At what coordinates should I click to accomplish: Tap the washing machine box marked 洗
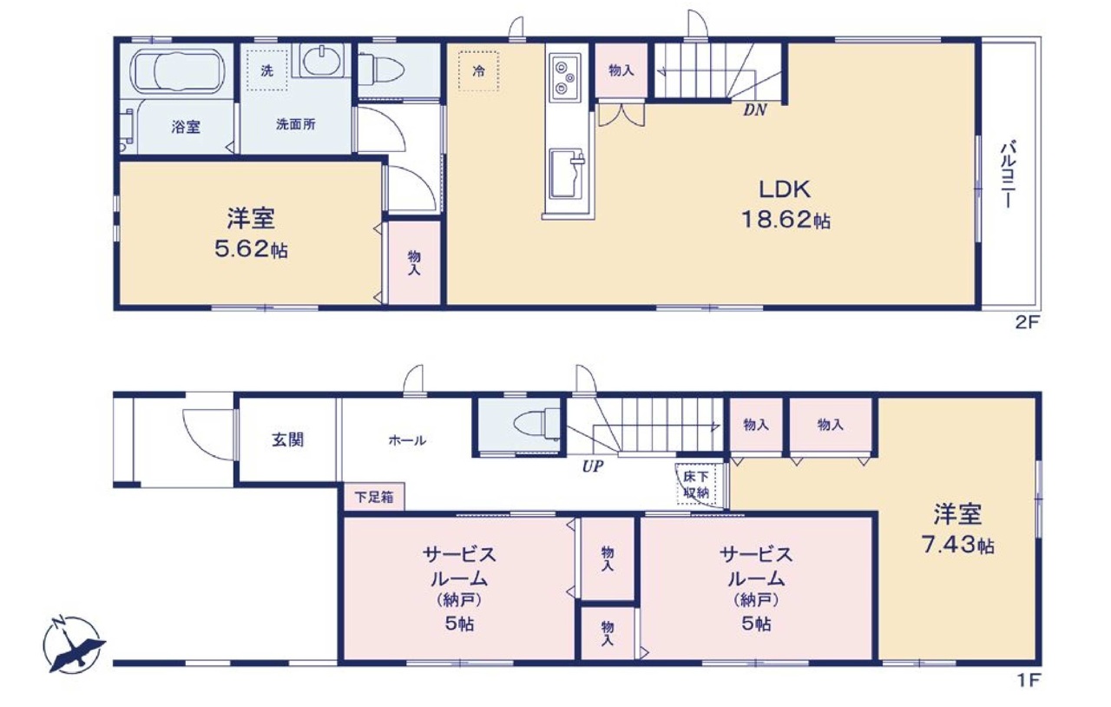pyautogui.click(x=267, y=70)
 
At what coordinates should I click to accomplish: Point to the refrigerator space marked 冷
pyautogui.click(x=478, y=70)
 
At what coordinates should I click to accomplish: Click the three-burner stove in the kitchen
pyautogui.click(x=564, y=77)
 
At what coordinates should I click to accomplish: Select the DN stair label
pyautogui.click(x=755, y=109)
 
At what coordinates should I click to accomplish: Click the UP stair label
pyautogui.click(x=593, y=466)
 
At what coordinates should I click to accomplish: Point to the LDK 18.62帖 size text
pyautogui.click(x=786, y=219)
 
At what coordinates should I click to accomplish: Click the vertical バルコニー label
pyautogui.click(x=1008, y=175)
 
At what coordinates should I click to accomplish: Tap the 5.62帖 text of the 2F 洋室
pyautogui.click(x=251, y=248)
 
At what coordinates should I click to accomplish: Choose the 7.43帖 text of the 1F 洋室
pyautogui.click(x=957, y=545)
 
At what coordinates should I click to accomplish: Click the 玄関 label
pyautogui.click(x=287, y=439)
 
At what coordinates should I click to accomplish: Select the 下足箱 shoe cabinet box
pyautogui.click(x=374, y=497)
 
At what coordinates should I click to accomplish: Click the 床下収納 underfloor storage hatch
pyautogui.click(x=696, y=485)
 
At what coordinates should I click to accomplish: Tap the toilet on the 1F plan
pyautogui.click(x=537, y=425)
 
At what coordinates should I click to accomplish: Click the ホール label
pyautogui.click(x=407, y=439)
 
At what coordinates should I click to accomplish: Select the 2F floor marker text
pyautogui.click(x=1027, y=323)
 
